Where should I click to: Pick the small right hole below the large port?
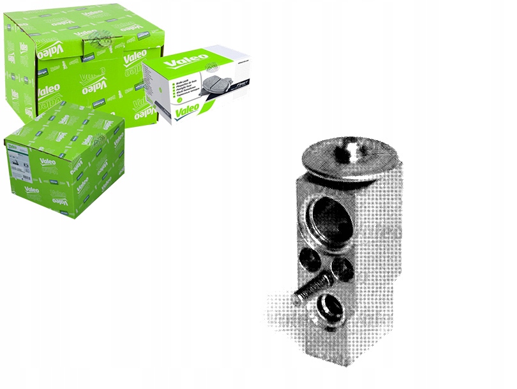[x=342, y=268]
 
